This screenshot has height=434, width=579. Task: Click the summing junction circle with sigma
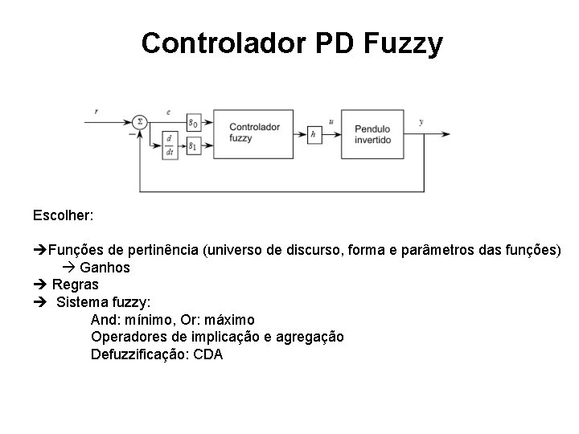tap(140, 122)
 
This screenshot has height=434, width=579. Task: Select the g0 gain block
tap(193, 122)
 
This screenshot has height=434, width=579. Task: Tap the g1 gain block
tap(193, 146)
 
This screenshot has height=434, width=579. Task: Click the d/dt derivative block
tap(170, 145)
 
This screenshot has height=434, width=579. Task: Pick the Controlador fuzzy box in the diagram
tap(253, 132)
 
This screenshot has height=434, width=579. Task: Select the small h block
tap(314, 133)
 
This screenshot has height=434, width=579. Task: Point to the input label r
tap(96, 112)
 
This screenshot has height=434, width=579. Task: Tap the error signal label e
tap(168, 112)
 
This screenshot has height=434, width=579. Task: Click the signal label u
tap(331, 121)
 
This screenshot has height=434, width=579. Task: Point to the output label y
tap(422, 121)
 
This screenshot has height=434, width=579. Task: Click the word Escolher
tap(64, 215)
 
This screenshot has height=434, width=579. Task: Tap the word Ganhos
tap(105, 267)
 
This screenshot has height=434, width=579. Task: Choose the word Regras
tap(76, 284)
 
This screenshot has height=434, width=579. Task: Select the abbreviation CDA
tap(208, 354)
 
